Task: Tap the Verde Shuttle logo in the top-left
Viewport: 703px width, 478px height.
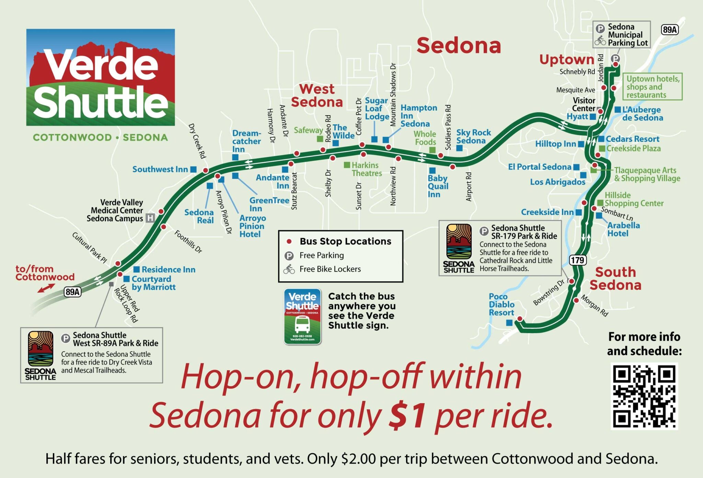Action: coord(101,77)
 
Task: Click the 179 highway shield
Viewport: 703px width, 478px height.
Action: coord(577,260)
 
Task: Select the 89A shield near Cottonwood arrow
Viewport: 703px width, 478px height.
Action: coord(72,292)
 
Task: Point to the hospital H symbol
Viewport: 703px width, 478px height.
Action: coord(150,218)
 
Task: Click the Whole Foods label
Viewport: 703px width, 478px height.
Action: coord(425,138)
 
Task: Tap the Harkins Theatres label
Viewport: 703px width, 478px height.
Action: coord(366,169)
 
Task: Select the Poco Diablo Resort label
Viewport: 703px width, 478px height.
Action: coord(501,305)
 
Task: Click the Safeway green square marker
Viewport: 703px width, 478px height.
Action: coord(320,139)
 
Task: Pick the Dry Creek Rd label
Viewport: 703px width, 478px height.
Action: coord(197,141)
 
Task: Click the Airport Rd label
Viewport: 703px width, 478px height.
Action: coord(469,187)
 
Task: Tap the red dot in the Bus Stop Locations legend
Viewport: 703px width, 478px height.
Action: coord(289,242)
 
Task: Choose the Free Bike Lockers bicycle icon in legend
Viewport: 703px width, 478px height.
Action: coord(289,269)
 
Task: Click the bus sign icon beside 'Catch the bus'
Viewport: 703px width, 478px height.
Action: coord(302,316)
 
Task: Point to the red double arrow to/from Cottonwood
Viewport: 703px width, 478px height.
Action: coord(46,288)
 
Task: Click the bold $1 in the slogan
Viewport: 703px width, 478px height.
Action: coord(408,415)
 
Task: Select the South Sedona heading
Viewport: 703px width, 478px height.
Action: coord(615,278)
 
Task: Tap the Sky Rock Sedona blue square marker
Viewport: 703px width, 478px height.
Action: coord(459,148)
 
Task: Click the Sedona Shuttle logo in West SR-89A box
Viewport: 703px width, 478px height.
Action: coord(41,355)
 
